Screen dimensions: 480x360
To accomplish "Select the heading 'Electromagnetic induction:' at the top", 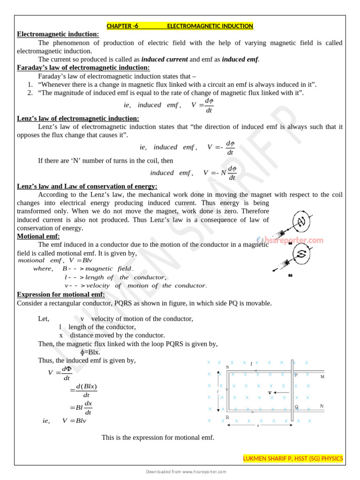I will pyautogui.click(x=58, y=34).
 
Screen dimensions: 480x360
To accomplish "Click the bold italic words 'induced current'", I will pyautogui.click(x=165, y=60).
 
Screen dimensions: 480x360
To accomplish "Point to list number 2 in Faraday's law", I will pyautogui.click(x=30, y=93).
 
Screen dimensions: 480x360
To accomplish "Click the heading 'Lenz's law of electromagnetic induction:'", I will pyautogui.click(x=78, y=119).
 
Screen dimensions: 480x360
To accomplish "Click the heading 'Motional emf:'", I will pyautogui.click(x=38, y=236).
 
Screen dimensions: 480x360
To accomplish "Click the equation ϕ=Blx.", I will pyautogui.click(x=90, y=352).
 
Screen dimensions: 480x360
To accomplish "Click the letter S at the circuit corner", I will pyautogui.click(x=227, y=367).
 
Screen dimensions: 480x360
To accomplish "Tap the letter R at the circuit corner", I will pyautogui.click(x=227, y=417).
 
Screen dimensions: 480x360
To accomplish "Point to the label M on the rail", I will pyautogui.click(x=322, y=376).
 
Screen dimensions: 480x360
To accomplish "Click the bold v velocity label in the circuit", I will pyautogui.click(x=270, y=392).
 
